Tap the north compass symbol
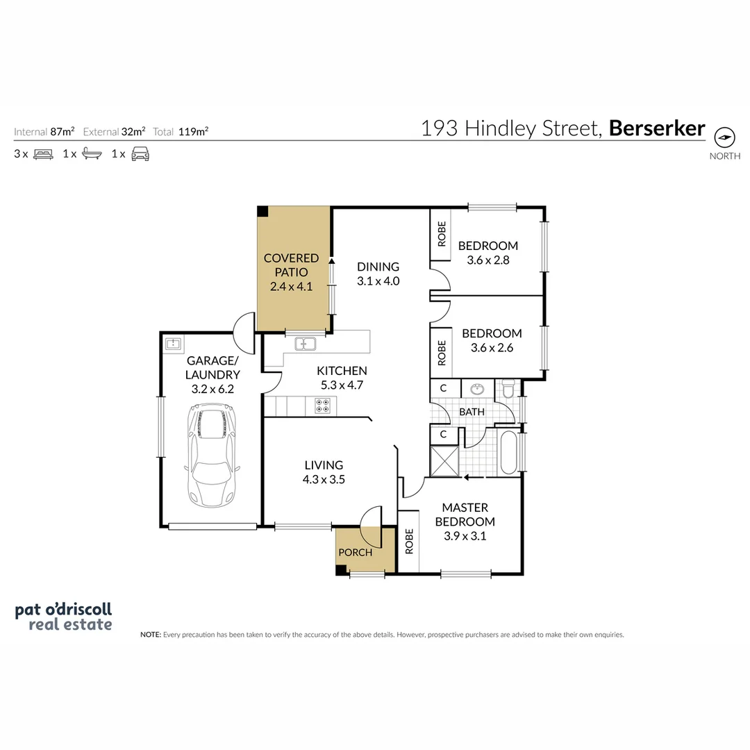point(724,136)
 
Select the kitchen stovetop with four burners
point(323,406)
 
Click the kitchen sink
point(305,343)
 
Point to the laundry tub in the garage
point(173,343)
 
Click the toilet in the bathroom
point(508,389)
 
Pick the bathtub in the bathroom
point(508,453)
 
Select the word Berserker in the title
point(657,128)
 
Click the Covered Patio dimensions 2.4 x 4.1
point(291,285)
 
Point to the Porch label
point(355,553)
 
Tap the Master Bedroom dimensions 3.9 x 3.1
point(465,535)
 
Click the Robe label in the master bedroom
point(409,541)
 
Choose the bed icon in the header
point(43,154)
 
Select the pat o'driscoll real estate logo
point(63,617)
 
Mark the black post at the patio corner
point(262,211)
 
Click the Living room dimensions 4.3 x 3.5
point(324,479)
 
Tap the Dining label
point(378,267)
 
